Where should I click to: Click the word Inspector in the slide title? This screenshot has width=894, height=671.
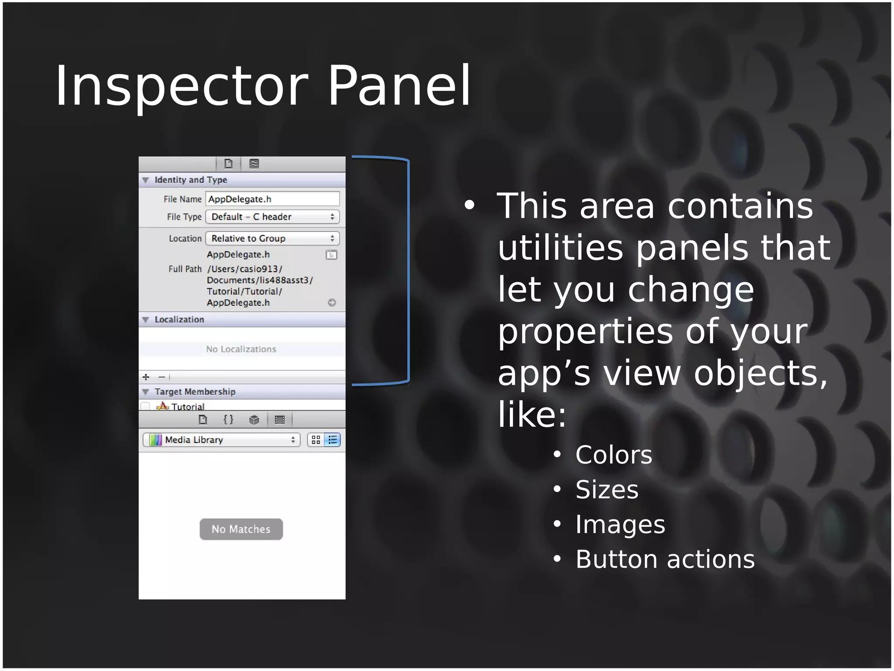[181, 86]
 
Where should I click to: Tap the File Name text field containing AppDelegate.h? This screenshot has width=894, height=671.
[272, 199]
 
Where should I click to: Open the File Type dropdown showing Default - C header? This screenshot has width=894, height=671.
[272, 217]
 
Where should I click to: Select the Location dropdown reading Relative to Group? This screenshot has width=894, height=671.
[272, 239]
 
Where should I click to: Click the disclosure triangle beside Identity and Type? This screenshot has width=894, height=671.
[146, 180]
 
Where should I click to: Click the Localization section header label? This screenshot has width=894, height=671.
[179, 320]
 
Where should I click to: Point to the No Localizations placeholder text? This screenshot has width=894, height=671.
[241, 349]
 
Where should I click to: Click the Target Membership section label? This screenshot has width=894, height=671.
[195, 392]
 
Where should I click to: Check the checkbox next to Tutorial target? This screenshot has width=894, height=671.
[145, 406]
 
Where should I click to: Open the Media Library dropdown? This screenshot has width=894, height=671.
[221, 440]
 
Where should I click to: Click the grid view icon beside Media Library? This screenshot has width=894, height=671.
[316, 440]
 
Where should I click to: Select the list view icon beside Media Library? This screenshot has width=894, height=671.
[333, 440]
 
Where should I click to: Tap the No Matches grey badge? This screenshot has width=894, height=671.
[241, 529]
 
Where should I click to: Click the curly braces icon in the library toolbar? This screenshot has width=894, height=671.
[228, 420]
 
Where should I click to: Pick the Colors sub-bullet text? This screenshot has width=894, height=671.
[613, 455]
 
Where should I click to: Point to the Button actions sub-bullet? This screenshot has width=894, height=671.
[664, 559]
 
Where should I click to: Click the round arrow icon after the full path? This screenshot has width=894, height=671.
[332, 303]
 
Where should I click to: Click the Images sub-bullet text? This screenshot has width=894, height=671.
[620, 524]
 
